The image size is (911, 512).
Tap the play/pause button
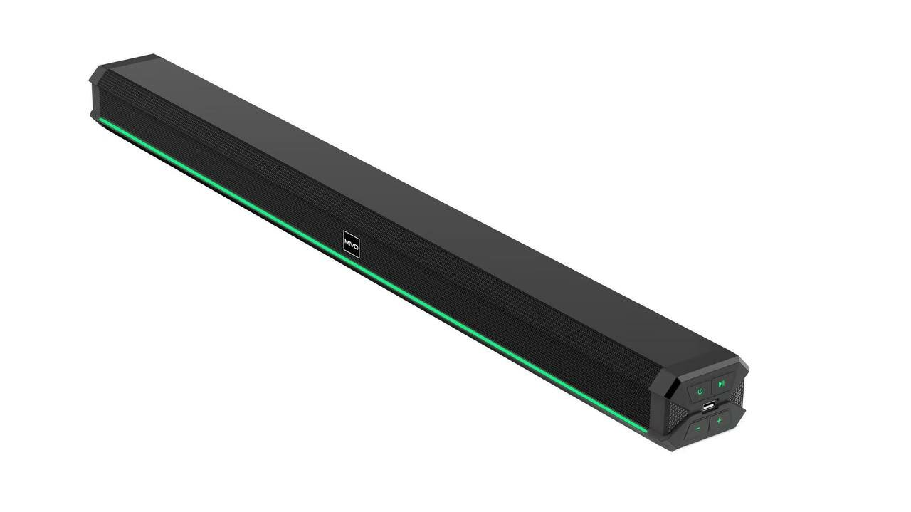[x=722, y=383]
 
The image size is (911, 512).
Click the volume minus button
[x=698, y=429]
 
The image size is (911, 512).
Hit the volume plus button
[x=720, y=422]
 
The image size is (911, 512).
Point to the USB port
[x=708, y=407]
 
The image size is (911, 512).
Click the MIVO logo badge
[x=351, y=244]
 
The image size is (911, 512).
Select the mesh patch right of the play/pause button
[x=737, y=392]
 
